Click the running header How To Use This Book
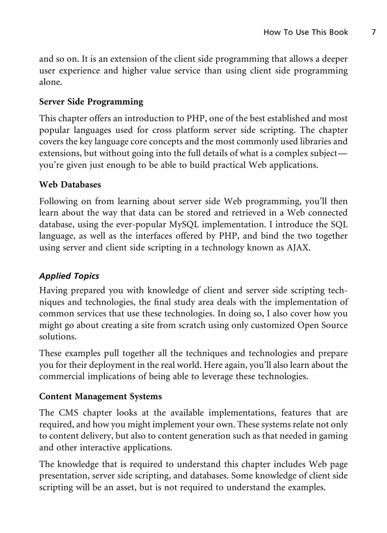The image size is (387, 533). (305, 32)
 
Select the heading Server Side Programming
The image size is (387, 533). (91, 102)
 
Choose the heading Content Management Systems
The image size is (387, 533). (100, 396)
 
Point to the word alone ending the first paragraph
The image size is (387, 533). (50, 82)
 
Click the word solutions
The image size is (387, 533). (57, 337)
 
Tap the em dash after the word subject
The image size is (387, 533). (342, 153)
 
